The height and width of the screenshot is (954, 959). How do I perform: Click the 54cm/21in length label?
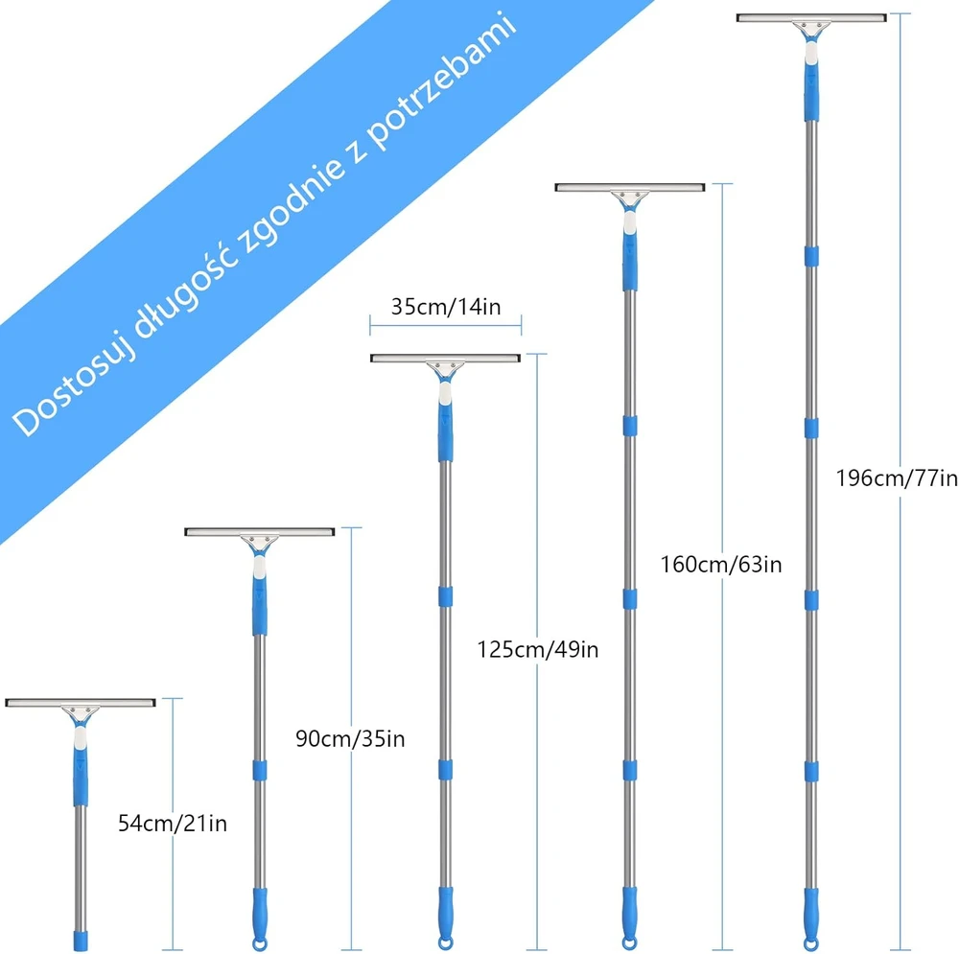173,824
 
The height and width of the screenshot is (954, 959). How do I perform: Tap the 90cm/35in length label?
350,738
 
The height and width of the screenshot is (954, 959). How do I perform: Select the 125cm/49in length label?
538,649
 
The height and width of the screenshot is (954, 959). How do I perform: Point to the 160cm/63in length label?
721,564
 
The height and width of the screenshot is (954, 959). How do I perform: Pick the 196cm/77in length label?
897,477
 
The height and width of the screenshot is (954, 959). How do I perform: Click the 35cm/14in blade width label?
446,307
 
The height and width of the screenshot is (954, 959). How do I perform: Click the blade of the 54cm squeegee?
81,703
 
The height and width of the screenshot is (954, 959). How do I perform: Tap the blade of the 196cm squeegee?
811,17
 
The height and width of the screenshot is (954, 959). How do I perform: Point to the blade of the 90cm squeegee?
260,531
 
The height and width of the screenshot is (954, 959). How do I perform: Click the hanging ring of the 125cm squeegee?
446,943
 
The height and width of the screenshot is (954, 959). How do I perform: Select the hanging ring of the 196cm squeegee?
811,943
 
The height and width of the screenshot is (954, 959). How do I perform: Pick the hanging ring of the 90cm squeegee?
260,943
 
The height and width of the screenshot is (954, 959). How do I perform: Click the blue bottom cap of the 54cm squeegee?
81,941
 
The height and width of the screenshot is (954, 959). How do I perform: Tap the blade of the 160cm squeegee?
630,187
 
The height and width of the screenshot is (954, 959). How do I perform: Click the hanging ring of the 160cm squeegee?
629,943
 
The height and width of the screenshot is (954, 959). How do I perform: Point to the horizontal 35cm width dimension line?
446,325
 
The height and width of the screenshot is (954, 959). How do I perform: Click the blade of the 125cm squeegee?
445,358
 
